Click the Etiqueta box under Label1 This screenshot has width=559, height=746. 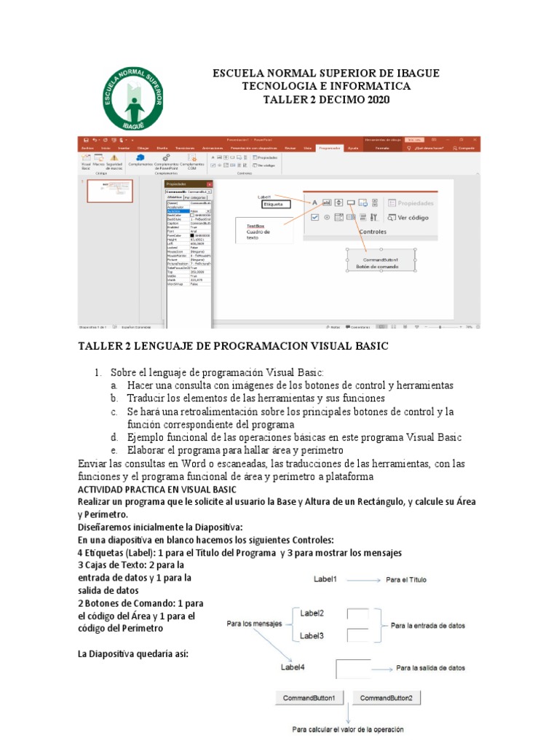(275, 205)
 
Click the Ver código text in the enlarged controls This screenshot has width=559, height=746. (413, 217)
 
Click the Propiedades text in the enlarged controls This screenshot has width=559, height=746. (415, 203)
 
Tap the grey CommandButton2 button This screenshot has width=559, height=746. (386, 698)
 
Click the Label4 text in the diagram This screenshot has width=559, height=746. (293, 666)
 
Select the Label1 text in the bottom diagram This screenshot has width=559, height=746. (325, 579)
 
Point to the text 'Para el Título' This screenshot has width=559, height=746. (406, 580)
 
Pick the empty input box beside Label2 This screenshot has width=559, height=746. (357, 614)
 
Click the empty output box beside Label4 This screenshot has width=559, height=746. (354, 668)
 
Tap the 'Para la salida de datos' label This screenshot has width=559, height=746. (430, 667)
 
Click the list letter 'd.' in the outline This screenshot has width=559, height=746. (114, 437)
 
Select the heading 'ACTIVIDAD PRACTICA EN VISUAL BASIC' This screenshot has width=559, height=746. (156, 490)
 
